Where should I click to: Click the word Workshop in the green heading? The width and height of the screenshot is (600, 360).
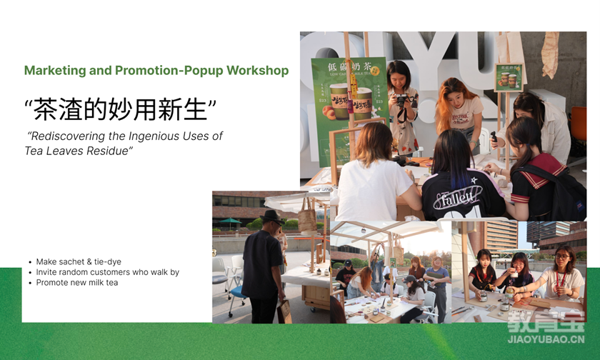[x=258, y=71]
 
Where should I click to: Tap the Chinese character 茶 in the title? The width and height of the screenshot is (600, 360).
[x=46, y=109]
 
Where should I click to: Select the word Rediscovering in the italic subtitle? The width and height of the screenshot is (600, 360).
[x=68, y=136]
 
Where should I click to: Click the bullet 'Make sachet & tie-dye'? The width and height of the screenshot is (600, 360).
[x=79, y=261]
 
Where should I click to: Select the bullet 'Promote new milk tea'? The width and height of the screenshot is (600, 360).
[x=77, y=283]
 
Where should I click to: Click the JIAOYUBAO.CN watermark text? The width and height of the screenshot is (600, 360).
[x=546, y=339]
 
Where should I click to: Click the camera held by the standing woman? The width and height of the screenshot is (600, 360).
[x=401, y=101]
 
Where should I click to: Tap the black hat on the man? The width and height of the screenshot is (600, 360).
[x=272, y=216]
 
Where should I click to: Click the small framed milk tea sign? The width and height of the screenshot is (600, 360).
[x=509, y=78]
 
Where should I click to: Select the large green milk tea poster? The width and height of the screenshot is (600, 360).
[x=349, y=111]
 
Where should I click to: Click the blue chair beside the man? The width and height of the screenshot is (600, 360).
[x=237, y=298]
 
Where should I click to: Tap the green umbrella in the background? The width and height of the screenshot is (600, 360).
[x=230, y=221]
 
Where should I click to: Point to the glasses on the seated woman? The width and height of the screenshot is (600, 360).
[x=561, y=257]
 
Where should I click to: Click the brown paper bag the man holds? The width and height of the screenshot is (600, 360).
[x=284, y=311]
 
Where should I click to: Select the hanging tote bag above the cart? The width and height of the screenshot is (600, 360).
[x=308, y=221]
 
